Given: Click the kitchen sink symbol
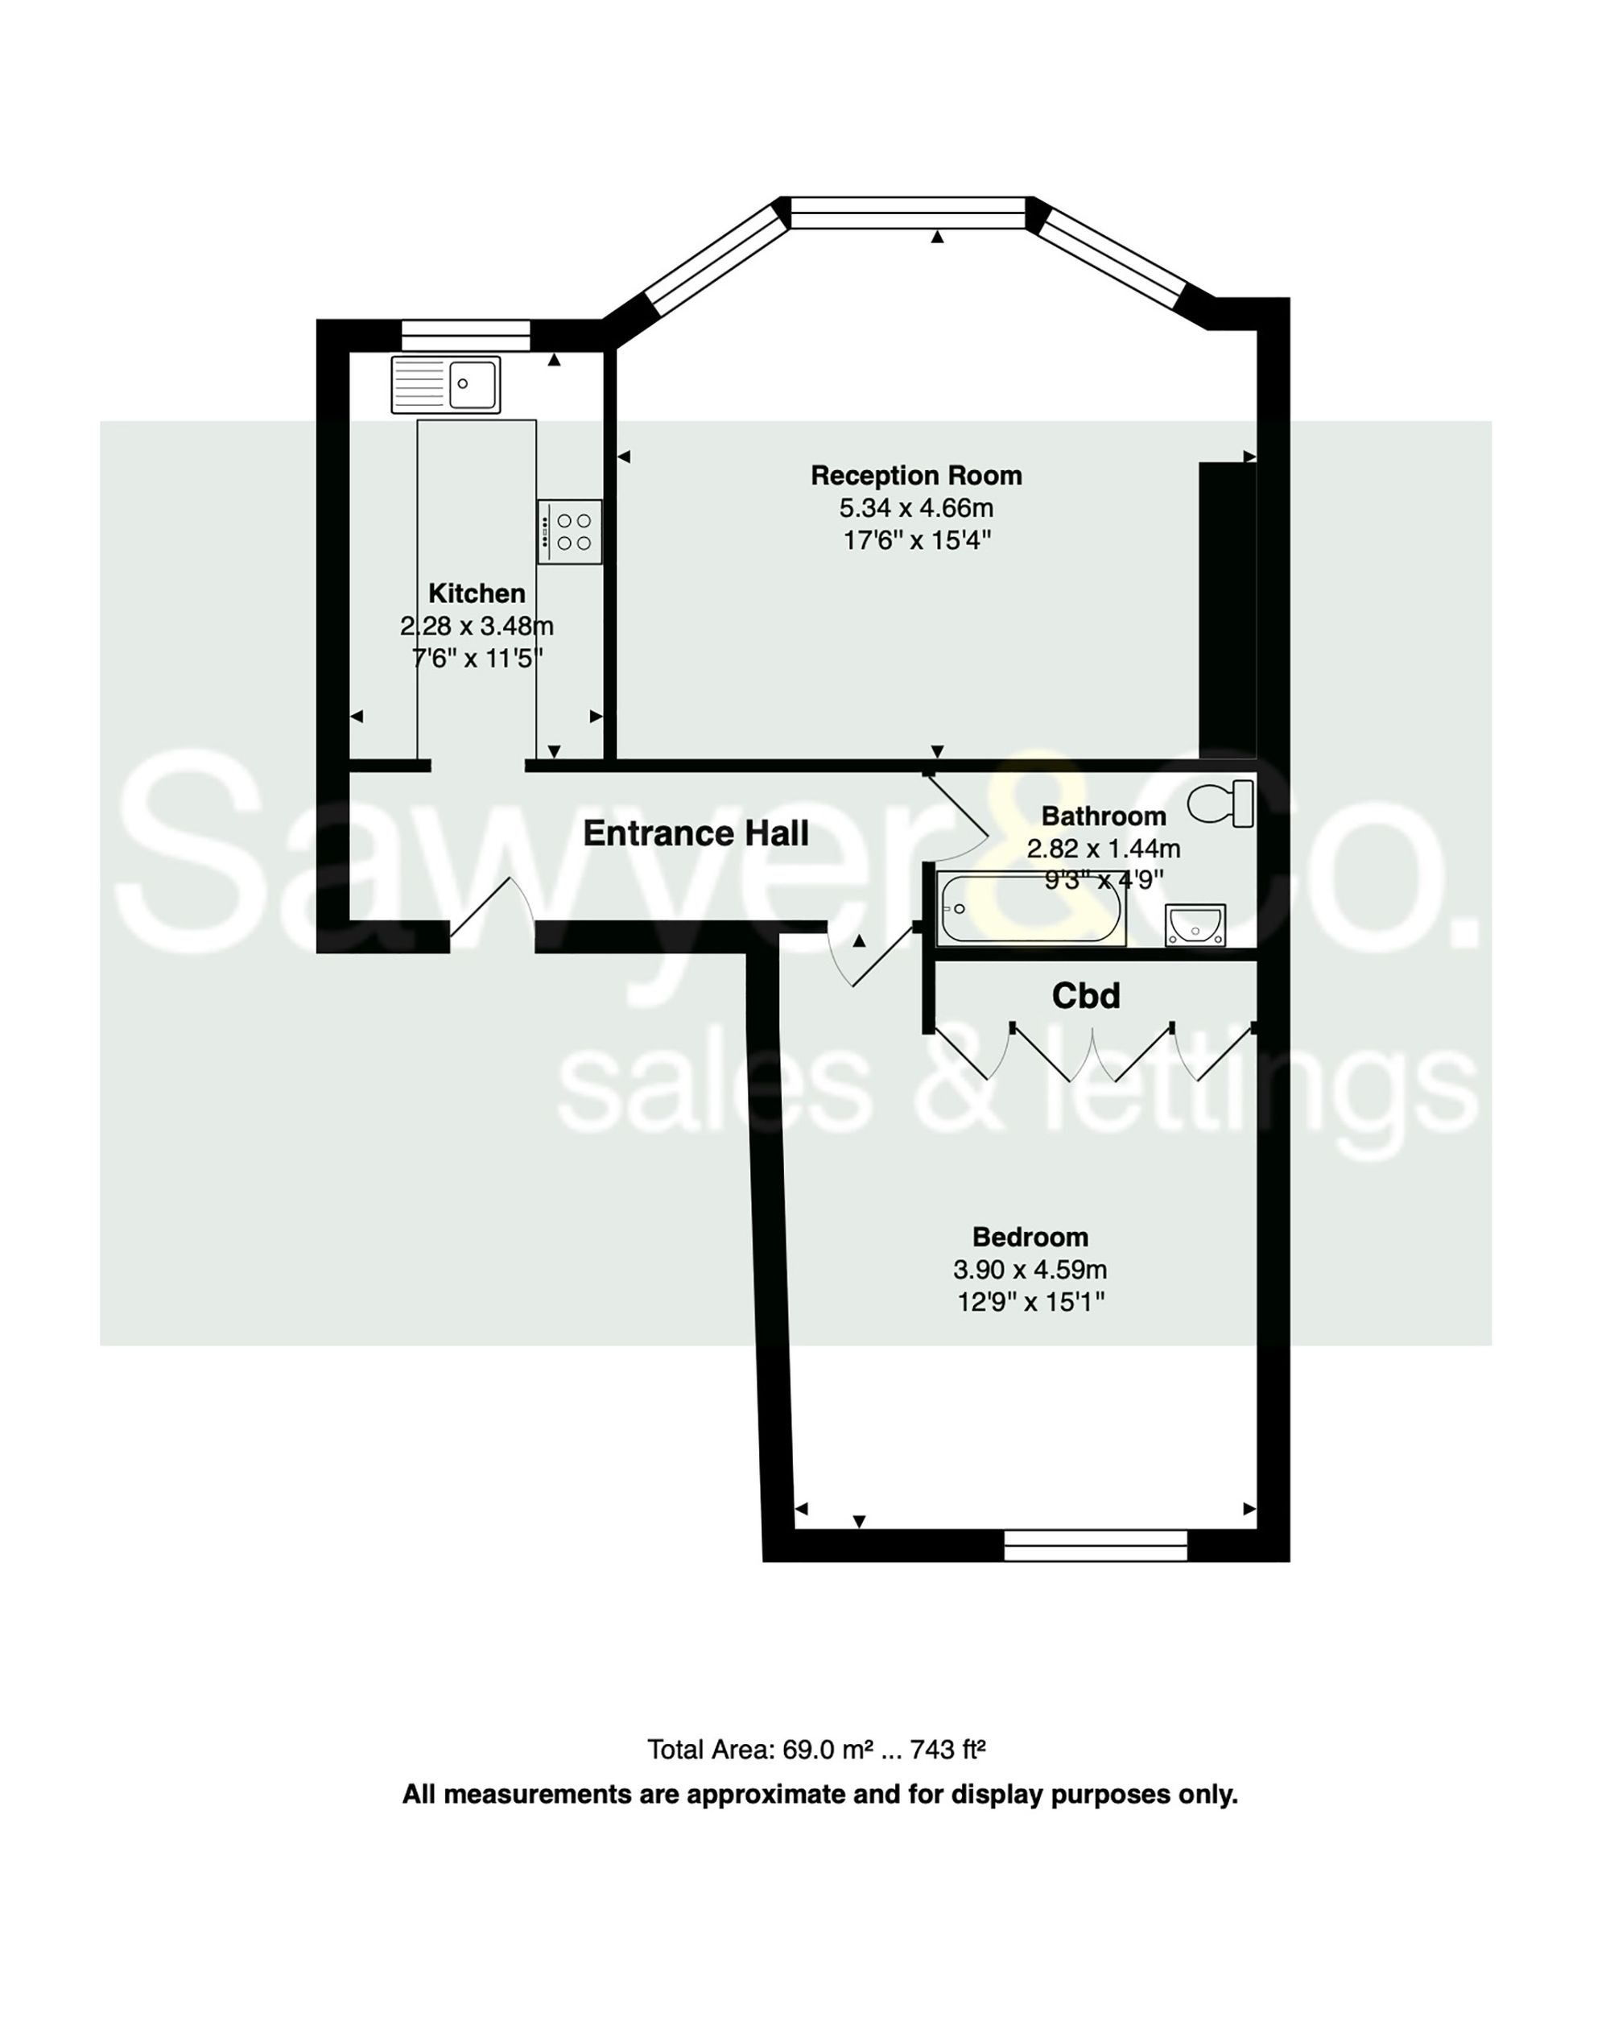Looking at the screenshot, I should [x=445, y=384].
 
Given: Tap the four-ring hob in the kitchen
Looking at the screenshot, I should [x=569, y=531].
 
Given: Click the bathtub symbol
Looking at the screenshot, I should [x=1030, y=907].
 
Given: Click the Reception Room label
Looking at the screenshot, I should [x=915, y=475].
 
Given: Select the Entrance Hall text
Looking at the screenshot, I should [x=695, y=833].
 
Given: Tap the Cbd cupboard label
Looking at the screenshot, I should [x=1085, y=996].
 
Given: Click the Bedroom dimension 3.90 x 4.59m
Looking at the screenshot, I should [x=1029, y=1270].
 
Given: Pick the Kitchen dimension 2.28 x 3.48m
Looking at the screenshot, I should [x=476, y=626].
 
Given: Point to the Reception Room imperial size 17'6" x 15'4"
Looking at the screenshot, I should [x=916, y=540].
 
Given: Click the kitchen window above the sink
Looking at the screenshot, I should [x=464, y=335].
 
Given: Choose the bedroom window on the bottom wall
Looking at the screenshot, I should [x=1095, y=1545].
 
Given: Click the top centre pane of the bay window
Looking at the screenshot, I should [x=907, y=213].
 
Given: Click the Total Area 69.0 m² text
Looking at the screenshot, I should [x=815, y=1750].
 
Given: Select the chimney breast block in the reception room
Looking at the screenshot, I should [x=1226, y=610].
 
